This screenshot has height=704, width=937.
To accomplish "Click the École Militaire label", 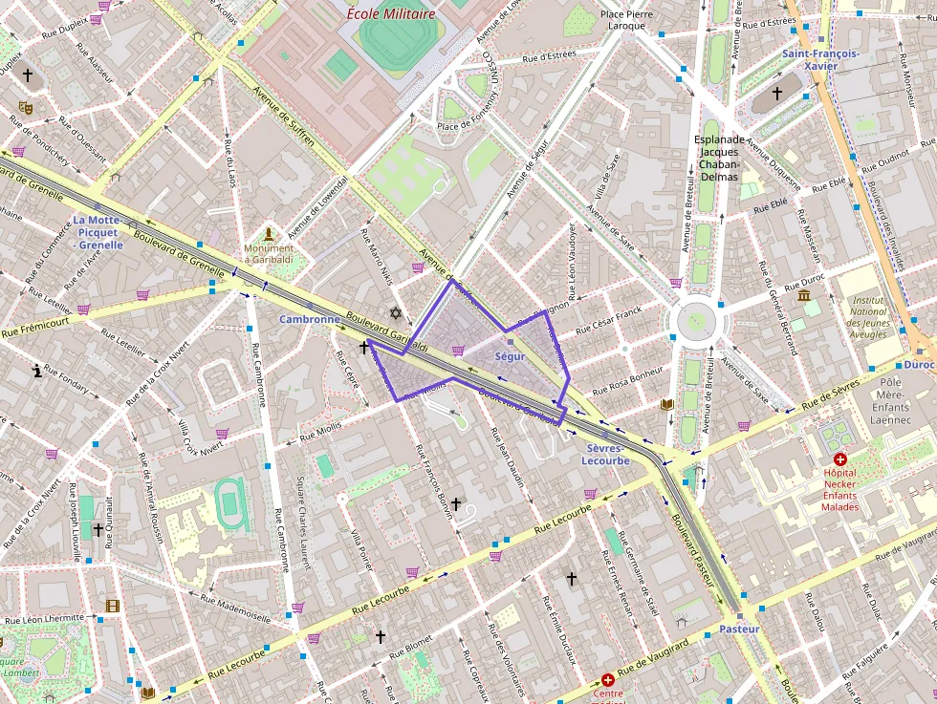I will pyautogui.click(x=390, y=13).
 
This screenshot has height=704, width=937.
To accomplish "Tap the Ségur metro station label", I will pyautogui.click(x=510, y=356).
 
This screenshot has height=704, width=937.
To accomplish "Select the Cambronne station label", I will pyautogui.click(x=309, y=319).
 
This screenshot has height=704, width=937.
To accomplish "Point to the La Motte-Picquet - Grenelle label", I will pyautogui.click(x=98, y=232).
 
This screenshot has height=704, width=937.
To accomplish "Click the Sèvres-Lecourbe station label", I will pyautogui.click(x=605, y=454).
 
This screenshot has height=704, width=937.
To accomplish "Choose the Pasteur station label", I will pyautogui.click(x=739, y=629).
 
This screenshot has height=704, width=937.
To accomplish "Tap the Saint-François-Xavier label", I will pyautogui.click(x=820, y=60).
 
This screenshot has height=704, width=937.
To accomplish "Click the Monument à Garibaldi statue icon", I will pyautogui.click(x=270, y=233).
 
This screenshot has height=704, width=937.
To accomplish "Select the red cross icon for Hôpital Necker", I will pyautogui.click(x=839, y=459).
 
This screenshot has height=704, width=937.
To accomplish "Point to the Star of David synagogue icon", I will pyautogui.click(x=393, y=313).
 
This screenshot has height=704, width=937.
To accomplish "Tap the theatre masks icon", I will pyautogui.click(x=26, y=109).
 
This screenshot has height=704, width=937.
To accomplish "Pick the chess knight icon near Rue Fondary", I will pyautogui.click(x=37, y=371).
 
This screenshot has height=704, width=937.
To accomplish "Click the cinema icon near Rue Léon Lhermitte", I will pyautogui.click(x=113, y=606).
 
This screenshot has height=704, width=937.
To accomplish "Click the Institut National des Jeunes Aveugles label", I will pyautogui.click(x=868, y=317).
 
